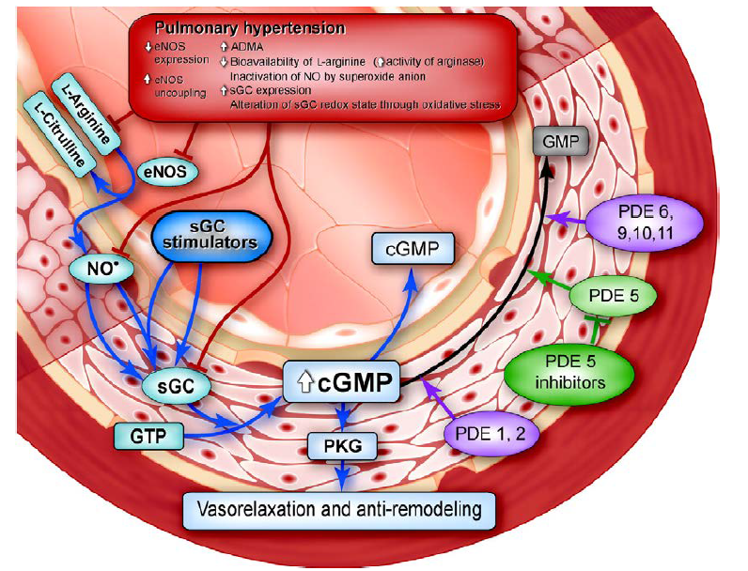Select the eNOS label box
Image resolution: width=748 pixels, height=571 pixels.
[x=166, y=172]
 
